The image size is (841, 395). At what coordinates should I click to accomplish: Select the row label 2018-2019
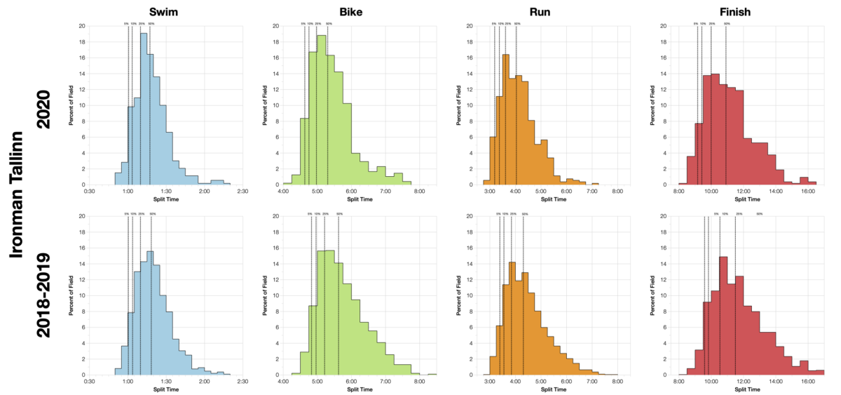[43, 295]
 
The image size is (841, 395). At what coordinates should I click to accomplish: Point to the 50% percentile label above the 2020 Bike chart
[329, 24]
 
